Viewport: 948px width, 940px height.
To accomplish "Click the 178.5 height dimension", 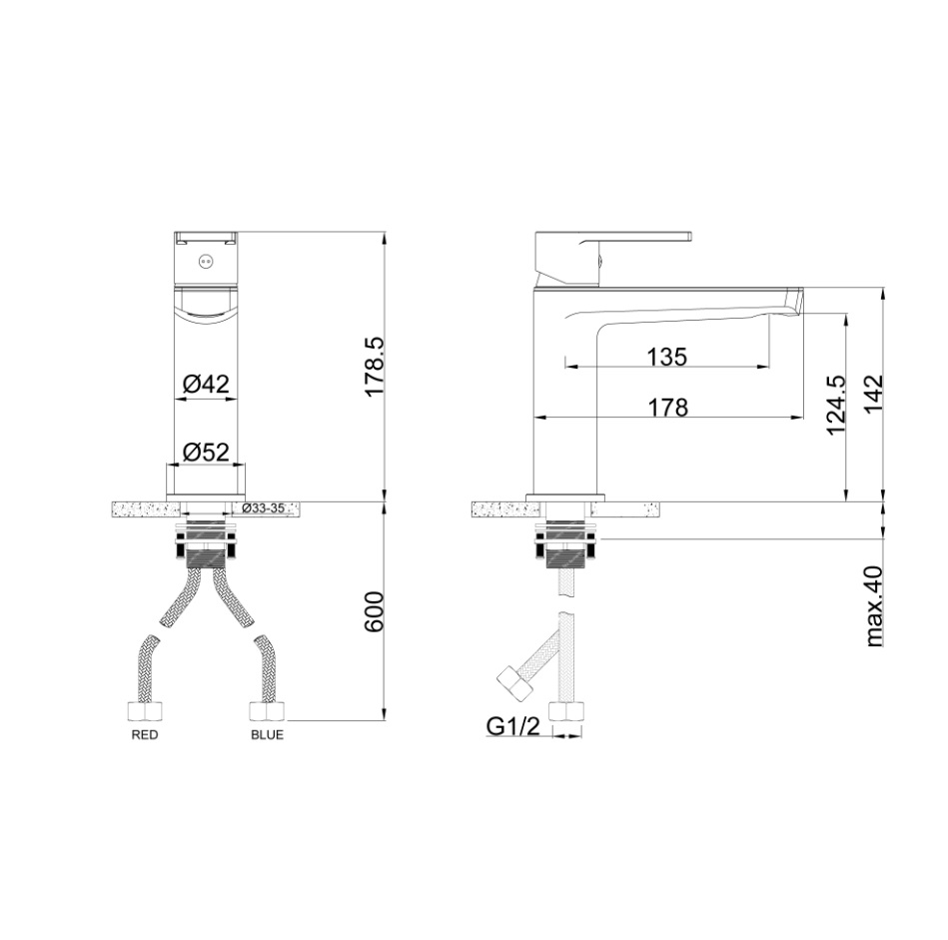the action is [x=375, y=367].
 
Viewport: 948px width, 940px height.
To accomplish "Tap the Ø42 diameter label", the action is [x=206, y=383].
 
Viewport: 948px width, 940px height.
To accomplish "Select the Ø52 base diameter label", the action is [x=206, y=452].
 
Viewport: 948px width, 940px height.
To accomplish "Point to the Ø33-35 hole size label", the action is [x=263, y=507].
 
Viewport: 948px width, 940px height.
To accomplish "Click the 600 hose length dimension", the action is [x=375, y=611].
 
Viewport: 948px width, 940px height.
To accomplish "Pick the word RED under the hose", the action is [x=145, y=735].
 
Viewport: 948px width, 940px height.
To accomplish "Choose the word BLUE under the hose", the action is [x=268, y=735].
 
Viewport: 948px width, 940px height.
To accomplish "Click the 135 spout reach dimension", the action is [x=667, y=357].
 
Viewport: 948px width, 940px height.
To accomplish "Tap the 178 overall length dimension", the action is [x=668, y=408].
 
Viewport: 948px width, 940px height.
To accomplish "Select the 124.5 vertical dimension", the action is [x=837, y=404].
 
